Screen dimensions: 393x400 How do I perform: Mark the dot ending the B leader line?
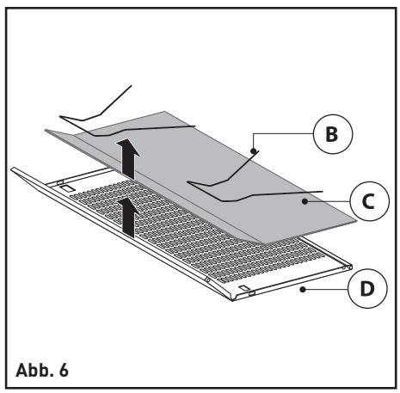[x=254, y=150]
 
